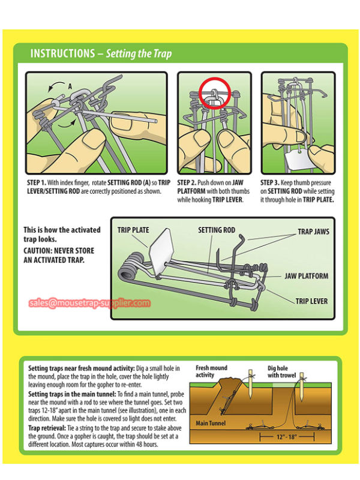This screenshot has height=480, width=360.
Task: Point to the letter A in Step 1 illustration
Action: pyautogui.click(x=70, y=86)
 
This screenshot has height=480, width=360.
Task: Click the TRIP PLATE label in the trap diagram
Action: pyautogui.click(x=133, y=230)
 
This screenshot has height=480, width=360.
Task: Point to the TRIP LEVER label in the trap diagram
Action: pyautogui.click(x=311, y=301)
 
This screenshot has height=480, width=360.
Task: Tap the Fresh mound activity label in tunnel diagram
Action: pyautogui.click(x=211, y=371)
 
